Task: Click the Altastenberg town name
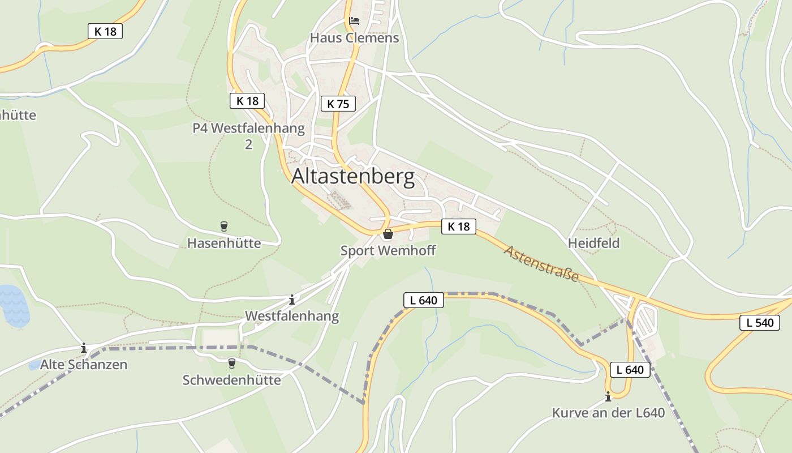point(353,177)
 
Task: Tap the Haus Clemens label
point(354,38)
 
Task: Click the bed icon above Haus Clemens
point(354,21)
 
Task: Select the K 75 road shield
point(338,104)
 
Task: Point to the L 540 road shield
point(759,323)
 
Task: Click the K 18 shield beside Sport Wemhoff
point(458,226)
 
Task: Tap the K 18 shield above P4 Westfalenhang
point(247,101)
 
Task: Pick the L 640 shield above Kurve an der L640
point(630,370)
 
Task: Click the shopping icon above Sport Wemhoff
point(388,234)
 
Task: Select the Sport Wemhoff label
point(388,250)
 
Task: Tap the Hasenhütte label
point(224,243)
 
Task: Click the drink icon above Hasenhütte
point(224,226)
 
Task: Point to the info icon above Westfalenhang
point(292,299)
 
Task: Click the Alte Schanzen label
point(84,365)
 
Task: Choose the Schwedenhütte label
point(231,380)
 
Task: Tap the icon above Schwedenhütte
point(231,363)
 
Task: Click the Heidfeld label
point(594,243)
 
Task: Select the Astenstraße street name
point(541,264)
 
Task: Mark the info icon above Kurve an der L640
point(608,396)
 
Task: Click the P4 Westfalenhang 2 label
point(248,136)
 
